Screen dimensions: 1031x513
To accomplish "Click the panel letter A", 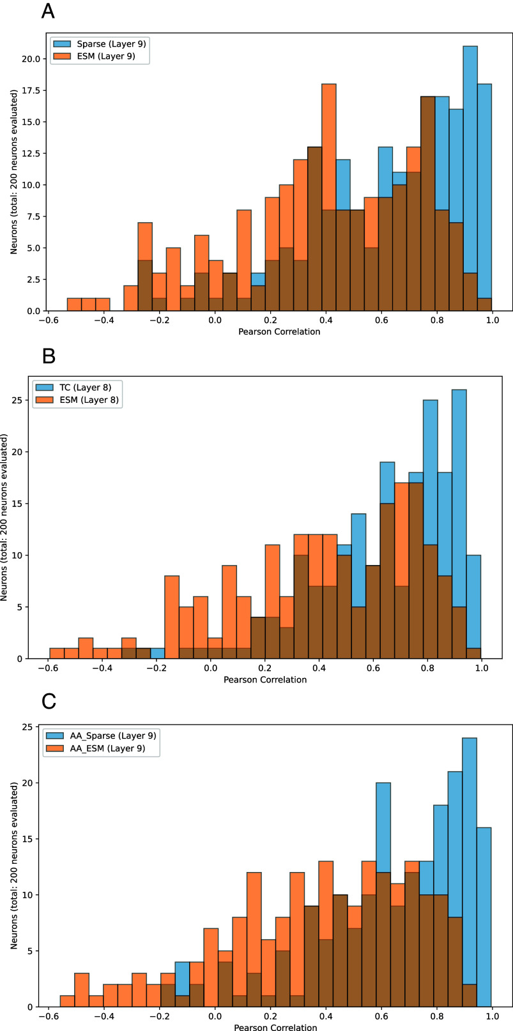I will (49, 11).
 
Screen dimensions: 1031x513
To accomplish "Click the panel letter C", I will (49, 701).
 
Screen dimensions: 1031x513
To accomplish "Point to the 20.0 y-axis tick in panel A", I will (31, 59).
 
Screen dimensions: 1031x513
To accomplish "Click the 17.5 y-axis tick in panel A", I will (31, 91).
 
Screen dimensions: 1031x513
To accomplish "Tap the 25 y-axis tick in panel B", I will (25, 400).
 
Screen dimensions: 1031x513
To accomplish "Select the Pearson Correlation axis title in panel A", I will (279, 332).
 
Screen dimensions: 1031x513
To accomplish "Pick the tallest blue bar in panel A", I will (470, 179).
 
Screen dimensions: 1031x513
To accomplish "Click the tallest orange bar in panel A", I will (328, 198).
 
